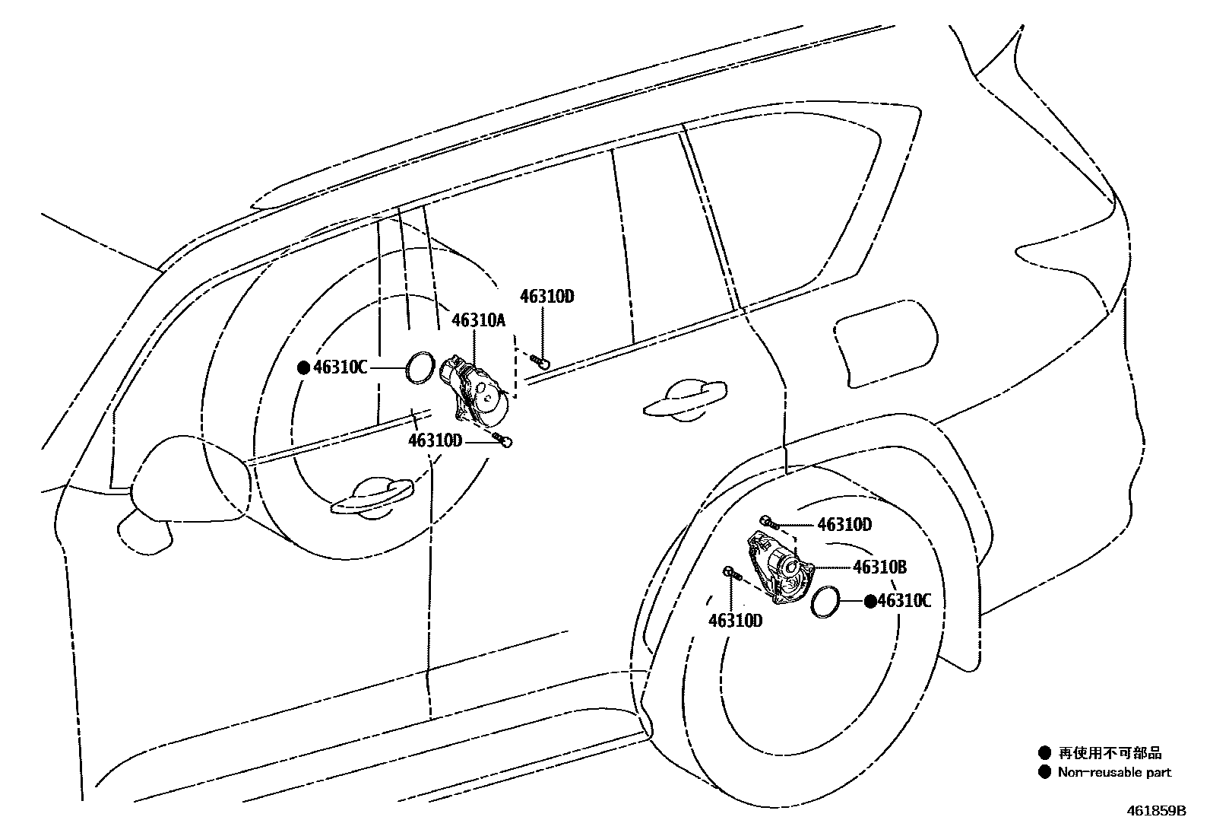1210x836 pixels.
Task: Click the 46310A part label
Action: tap(478, 320)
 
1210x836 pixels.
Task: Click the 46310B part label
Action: tap(879, 567)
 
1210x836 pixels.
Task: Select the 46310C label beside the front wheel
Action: tap(341, 368)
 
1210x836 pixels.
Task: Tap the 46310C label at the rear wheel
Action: tap(904, 601)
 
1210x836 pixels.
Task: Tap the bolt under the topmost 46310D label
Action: tap(540, 361)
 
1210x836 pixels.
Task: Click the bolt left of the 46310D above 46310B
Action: tap(768, 522)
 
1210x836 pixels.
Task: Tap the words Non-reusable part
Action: tap(1114, 772)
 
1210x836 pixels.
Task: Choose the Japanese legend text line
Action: tap(1110, 753)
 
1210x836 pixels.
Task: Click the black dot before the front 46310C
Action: tap(303, 368)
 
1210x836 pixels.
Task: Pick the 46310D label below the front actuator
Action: tap(435, 440)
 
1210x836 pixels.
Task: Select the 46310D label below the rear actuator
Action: tap(735, 621)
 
